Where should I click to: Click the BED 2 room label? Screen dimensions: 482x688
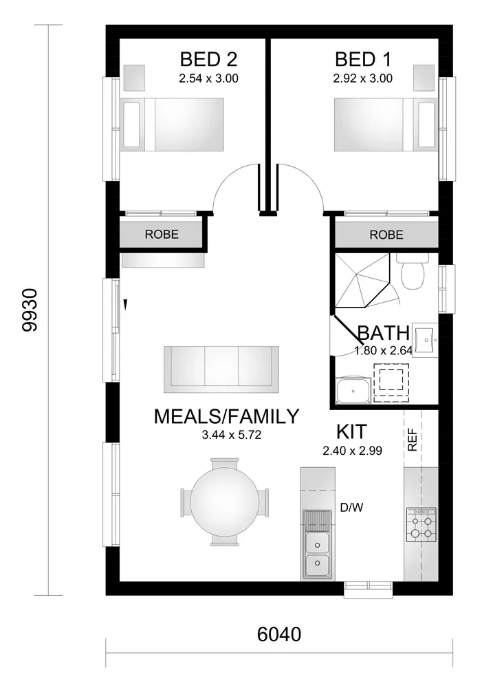(209, 58)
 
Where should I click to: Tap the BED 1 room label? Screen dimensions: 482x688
(363, 59)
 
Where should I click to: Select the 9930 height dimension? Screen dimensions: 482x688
(31, 310)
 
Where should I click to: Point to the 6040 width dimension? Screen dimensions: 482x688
(279, 634)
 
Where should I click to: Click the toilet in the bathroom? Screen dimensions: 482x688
(411, 271)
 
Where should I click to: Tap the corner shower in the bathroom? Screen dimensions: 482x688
(362, 280)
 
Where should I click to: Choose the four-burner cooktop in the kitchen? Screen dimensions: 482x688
(421, 524)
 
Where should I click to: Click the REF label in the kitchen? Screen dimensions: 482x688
(413, 440)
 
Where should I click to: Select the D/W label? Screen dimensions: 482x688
(352, 508)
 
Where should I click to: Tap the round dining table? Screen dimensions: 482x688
(223, 501)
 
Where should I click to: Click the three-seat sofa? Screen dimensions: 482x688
(221, 369)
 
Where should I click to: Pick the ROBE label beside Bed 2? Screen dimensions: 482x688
(162, 235)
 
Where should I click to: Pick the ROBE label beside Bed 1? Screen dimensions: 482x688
(386, 235)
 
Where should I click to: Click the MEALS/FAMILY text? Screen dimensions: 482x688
(227, 416)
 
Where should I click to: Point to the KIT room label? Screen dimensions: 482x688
(351, 432)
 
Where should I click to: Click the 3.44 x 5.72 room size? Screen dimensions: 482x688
(232, 435)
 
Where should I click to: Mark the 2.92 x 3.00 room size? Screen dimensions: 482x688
(363, 78)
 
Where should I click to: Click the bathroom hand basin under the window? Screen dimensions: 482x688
(424, 341)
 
